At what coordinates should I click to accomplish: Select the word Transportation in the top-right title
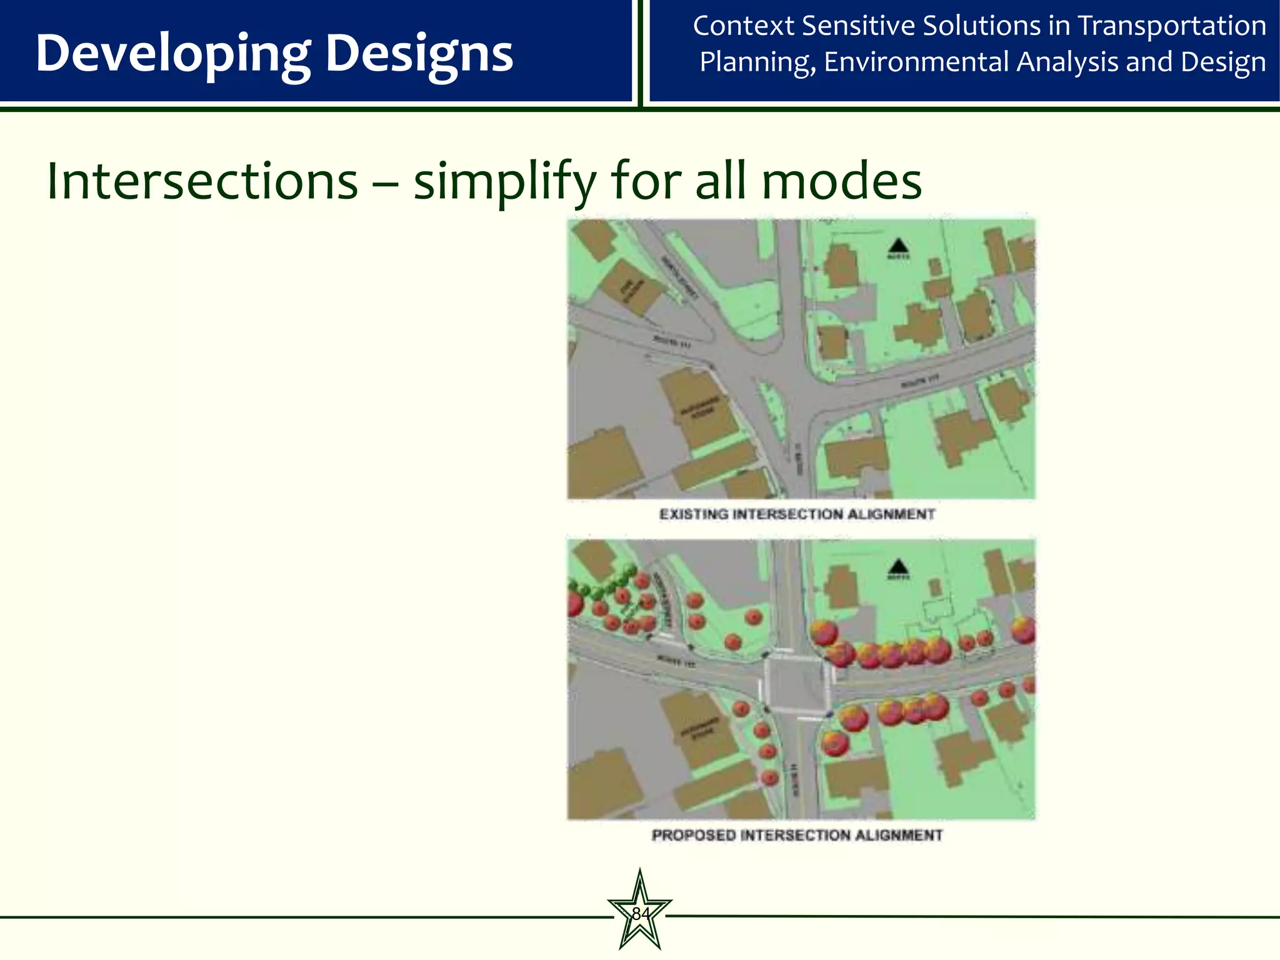1172,26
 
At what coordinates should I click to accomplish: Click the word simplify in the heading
505,182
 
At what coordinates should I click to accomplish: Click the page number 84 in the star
640,914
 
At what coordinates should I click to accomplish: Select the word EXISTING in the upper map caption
694,514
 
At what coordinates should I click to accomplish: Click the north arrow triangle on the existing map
898,246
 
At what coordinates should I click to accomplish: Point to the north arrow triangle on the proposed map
898,566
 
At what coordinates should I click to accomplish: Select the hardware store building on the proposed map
699,728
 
